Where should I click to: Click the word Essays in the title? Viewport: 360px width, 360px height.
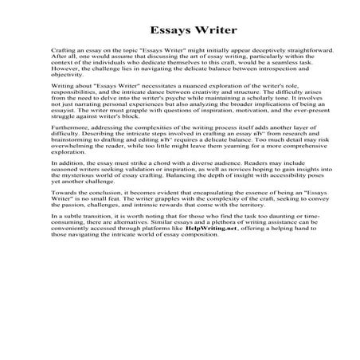(x=155, y=31)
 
